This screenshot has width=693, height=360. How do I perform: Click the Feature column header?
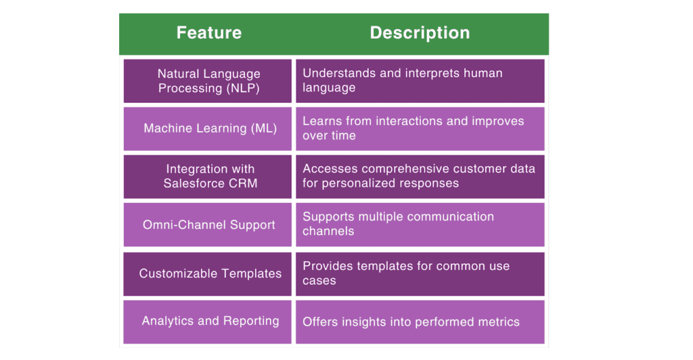pos(208,32)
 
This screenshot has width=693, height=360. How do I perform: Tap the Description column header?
pos(420,32)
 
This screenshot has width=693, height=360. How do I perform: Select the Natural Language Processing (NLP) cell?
pos(208,81)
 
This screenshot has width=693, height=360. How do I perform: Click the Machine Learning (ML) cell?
pos(208,129)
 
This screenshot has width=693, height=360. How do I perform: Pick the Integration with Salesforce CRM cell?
pos(208,176)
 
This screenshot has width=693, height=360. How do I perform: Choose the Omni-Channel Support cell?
pos(208,225)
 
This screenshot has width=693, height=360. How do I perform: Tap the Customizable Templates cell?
pos(208,273)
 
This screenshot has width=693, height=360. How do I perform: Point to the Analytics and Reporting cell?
pos(208,321)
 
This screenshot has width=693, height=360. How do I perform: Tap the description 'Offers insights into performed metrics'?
pos(411,322)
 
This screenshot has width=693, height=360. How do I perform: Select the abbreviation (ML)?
pos(263,129)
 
